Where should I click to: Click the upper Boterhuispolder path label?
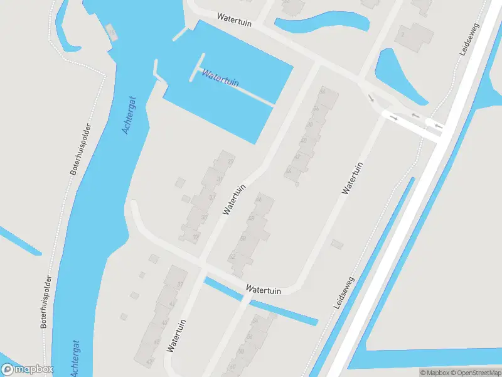click(x=81, y=149)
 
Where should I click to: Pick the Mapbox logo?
click(x=27, y=369)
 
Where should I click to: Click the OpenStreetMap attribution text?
click(x=477, y=373)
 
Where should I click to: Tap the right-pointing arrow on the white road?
click(x=393, y=117)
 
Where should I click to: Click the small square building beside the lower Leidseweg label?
click(x=338, y=243)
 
